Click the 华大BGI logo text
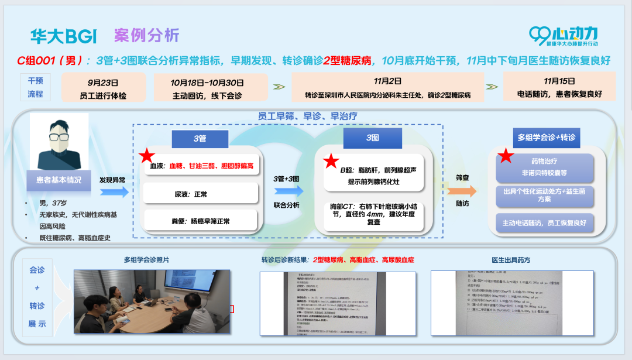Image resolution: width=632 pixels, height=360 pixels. pyautogui.click(x=63, y=37)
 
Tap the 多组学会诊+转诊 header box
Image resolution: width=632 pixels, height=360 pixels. pyautogui.click(x=546, y=138)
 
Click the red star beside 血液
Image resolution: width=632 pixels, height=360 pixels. pyautogui.click(x=147, y=157)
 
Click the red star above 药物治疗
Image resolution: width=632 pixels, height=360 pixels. pyautogui.click(x=506, y=156)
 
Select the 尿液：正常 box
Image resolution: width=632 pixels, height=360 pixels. pyautogui.click(x=200, y=193)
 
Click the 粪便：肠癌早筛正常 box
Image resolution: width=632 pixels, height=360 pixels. pyautogui.click(x=200, y=221)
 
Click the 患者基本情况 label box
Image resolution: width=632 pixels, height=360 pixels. pyautogui.click(x=59, y=180)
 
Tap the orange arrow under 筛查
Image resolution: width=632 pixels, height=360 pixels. pyautogui.click(x=462, y=191)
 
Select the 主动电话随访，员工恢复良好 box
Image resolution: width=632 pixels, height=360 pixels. pyautogui.click(x=544, y=223)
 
